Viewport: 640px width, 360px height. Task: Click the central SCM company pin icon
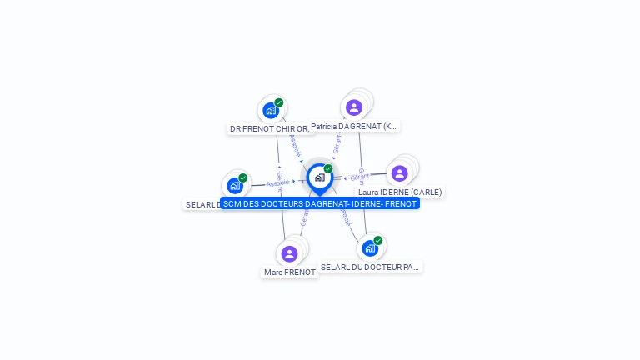point(319,177)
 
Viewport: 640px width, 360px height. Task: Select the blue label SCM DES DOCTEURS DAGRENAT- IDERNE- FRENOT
point(320,203)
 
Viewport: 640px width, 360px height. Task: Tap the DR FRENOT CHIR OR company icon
point(270,110)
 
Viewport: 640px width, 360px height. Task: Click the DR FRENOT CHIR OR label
point(268,129)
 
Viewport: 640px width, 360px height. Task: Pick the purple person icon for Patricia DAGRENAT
point(354,107)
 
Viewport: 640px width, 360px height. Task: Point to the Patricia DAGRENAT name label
point(354,127)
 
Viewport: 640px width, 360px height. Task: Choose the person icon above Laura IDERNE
point(399,173)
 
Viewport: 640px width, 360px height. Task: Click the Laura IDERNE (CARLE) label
point(400,192)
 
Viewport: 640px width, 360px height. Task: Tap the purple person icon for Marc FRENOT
point(289,253)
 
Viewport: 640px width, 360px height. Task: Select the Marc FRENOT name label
point(290,272)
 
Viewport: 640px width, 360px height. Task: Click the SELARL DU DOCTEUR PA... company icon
point(370,247)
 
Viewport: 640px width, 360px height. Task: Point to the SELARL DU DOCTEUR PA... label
point(370,267)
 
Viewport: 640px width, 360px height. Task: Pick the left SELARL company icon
point(235,185)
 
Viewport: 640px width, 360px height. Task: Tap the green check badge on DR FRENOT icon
point(279,102)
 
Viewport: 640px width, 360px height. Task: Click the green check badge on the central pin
point(328,169)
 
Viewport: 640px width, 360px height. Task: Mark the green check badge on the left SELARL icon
point(243,177)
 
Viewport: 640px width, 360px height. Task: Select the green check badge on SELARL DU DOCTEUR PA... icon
point(378,240)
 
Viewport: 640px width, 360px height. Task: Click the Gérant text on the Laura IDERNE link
point(359,177)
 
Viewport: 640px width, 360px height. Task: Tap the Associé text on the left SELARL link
point(278,182)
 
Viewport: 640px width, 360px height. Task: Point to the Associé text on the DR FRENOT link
point(295,146)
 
